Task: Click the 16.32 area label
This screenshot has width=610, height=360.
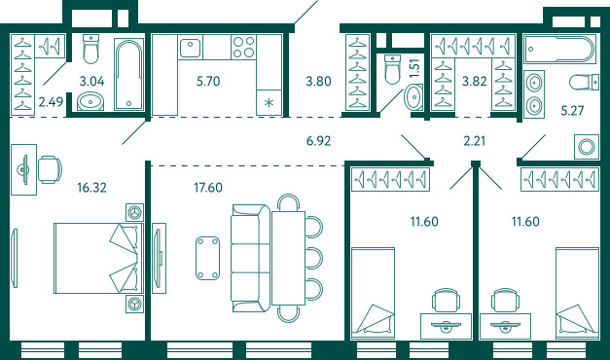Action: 91,188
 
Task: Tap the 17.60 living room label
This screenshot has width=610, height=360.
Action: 208,188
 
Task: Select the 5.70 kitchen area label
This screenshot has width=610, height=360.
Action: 208,82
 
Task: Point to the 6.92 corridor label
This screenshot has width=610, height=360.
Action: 318,141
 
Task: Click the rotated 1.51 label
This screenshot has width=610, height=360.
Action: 415,68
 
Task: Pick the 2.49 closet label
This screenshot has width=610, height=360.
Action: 51,102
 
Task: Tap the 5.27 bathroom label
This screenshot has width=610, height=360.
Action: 572,111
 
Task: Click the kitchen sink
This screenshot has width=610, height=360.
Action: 191,48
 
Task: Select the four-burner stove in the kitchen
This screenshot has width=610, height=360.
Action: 244,47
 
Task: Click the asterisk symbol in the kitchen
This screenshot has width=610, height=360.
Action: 269,103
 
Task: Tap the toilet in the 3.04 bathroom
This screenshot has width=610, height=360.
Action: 91,49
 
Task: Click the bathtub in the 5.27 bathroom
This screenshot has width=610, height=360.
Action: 559,50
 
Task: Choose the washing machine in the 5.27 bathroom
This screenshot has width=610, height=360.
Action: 587,147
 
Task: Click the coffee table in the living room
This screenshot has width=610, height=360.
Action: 207,258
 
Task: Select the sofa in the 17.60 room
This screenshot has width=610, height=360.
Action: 251,258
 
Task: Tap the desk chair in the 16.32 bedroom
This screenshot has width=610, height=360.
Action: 50,169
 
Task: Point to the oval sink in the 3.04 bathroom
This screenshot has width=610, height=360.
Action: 90,101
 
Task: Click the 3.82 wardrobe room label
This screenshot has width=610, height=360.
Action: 474,82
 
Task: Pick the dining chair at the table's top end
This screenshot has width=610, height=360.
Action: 288,202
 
